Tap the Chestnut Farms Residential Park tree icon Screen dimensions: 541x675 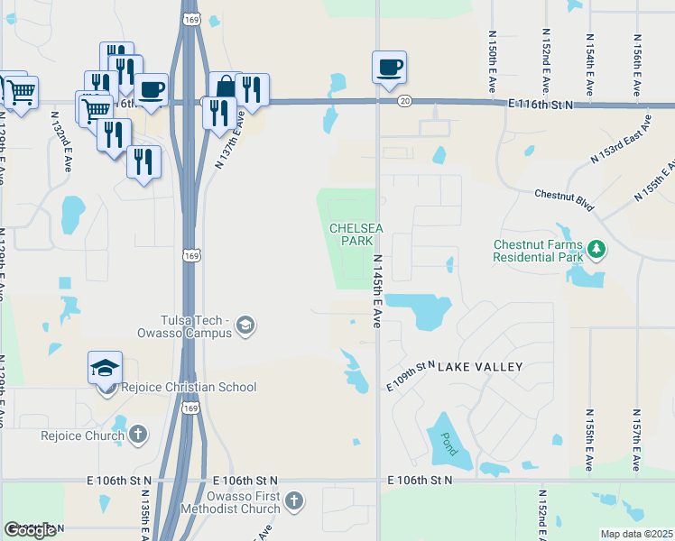pos(596,247)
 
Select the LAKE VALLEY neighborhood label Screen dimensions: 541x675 pos(480,367)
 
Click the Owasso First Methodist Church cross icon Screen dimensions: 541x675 pos(293,501)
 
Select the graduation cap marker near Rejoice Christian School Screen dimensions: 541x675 pos(105,367)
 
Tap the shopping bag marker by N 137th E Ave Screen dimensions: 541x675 pos(225,87)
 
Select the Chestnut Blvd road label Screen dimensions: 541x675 pos(564,200)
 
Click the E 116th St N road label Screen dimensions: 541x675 pos(541,105)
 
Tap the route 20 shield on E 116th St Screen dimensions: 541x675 pos(404,101)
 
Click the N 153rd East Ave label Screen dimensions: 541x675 pos(621,138)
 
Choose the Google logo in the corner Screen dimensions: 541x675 pos(30,529)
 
